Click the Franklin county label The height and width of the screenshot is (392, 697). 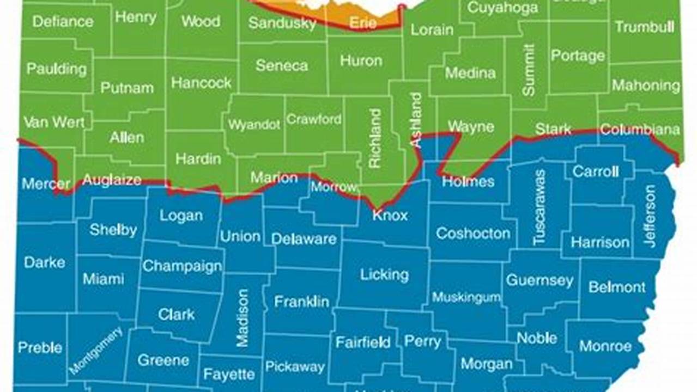[301, 301]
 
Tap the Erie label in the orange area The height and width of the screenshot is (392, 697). [363, 23]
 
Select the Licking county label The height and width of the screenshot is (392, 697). [384, 275]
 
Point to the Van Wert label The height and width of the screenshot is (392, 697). [54, 122]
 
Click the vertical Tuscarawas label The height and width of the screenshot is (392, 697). [540, 207]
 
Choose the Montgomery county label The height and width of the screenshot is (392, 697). [96, 350]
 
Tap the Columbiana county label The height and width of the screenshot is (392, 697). [640, 130]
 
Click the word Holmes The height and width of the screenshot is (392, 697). [468, 181]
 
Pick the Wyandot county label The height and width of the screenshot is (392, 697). [254, 125]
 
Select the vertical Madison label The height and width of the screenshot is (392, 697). [243, 317]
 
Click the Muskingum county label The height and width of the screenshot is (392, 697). [466, 297]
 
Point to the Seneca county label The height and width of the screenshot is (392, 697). [282, 65]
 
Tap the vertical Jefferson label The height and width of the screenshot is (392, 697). [650, 216]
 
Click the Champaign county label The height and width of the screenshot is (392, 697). [182, 266]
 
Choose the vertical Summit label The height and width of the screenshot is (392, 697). [529, 70]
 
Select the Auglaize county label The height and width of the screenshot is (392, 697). [112, 180]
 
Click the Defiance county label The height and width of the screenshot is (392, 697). [63, 22]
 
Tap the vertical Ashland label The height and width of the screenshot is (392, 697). [416, 120]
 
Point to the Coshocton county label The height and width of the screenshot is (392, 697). [473, 234]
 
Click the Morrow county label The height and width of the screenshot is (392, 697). [334, 187]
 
